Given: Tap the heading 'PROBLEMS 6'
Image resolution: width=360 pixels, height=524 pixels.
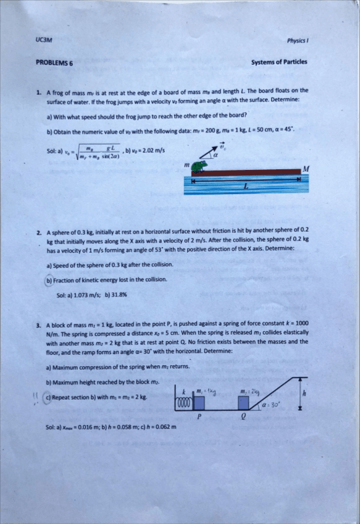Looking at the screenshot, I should [x=54, y=62].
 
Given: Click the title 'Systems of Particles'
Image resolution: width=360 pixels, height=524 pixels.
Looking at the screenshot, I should [x=279, y=62].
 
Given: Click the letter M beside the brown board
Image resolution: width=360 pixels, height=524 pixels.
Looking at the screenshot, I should [x=305, y=169].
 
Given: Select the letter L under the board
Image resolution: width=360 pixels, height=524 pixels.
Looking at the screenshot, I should [x=246, y=187].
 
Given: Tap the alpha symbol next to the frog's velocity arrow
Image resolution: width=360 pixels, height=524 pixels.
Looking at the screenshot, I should [x=216, y=157].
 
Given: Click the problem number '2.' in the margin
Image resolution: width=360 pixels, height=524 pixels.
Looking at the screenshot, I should [x=39, y=233].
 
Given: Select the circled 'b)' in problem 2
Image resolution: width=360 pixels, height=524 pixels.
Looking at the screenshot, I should [x=50, y=280].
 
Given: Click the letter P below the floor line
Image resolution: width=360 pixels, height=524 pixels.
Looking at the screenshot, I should [x=199, y=417].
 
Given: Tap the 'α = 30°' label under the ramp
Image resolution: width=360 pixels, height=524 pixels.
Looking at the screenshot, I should [x=272, y=405].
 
